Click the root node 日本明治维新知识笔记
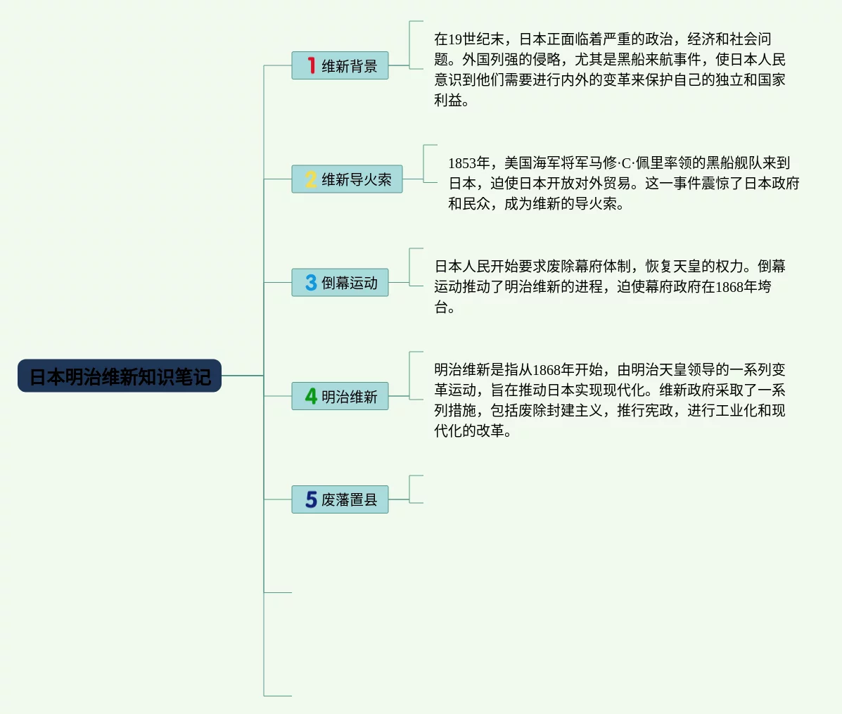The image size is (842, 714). [x=120, y=376]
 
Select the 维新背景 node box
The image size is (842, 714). [x=340, y=65]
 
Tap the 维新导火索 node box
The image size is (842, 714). [x=347, y=179]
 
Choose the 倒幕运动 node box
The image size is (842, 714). [x=340, y=282]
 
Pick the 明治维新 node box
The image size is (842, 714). [x=340, y=396]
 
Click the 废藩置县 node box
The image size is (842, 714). [x=340, y=499]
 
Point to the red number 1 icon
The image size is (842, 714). [x=311, y=65]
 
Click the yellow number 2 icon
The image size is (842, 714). [x=311, y=179]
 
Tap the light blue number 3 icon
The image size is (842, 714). [x=311, y=282]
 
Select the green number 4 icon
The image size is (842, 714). [x=311, y=396]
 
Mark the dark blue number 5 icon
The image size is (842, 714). [x=311, y=499]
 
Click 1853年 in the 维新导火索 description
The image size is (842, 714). [x=468, y=163]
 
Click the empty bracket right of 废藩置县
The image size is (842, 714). [x=415, y=490]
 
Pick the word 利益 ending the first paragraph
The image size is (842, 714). [x=448, y=101]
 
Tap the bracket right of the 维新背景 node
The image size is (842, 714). [x=415, y=45]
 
